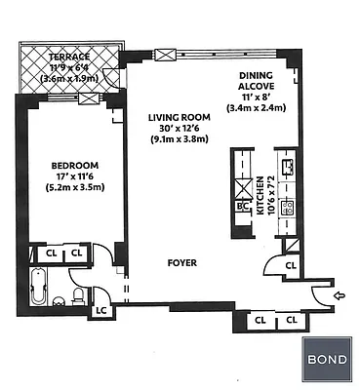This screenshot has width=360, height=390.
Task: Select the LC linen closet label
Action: (100, 312)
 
